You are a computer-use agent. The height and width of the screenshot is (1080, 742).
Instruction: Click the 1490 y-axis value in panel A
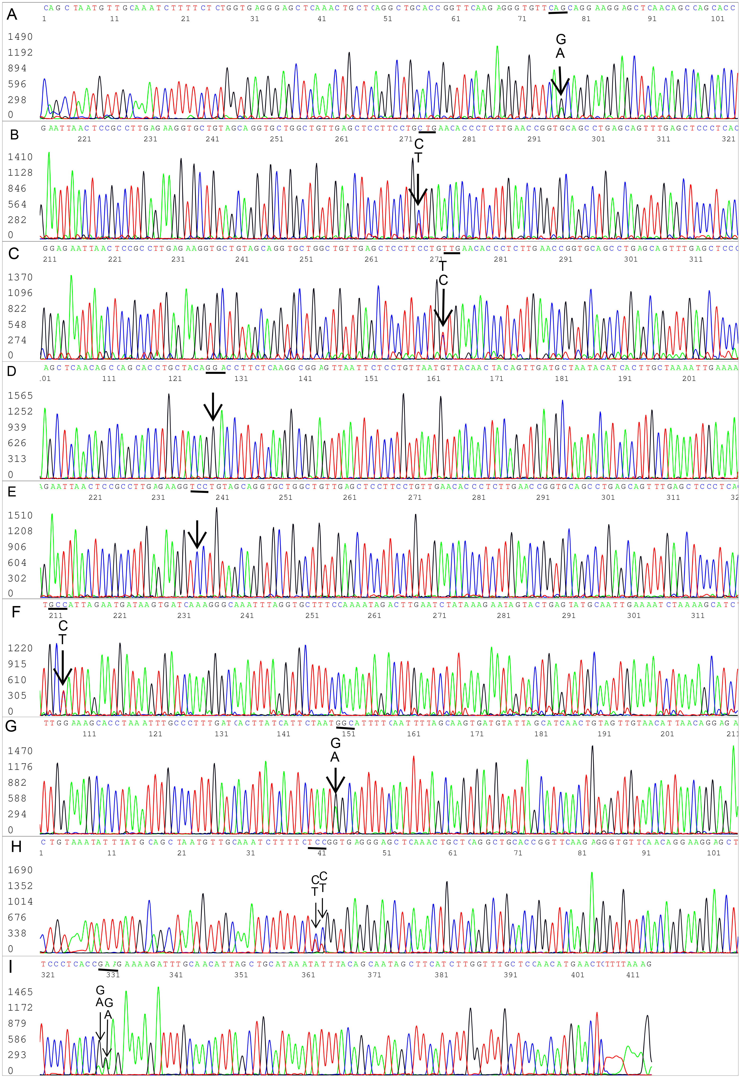tap(20, 37)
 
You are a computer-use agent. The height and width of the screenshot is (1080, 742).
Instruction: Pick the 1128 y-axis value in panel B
tap(20, 173)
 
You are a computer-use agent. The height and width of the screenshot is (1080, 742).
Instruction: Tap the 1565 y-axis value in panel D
tap(20, 396)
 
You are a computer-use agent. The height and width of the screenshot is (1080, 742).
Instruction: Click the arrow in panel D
tap(213, 407)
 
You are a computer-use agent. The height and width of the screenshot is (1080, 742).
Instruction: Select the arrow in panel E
tap(197, 535)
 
